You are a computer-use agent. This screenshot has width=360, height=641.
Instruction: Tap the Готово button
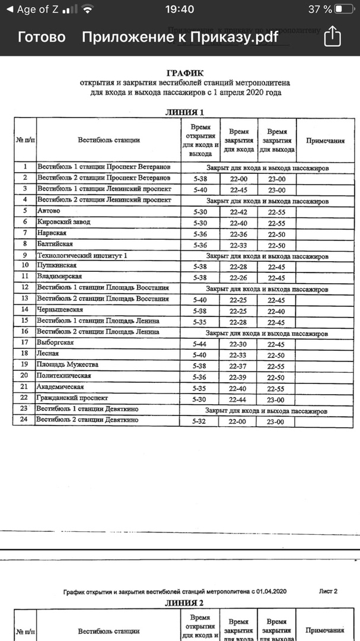pyautogui.click(x=42, y=37)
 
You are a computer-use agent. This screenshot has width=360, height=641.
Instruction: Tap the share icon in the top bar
pyautogui.click(x=333, y=36)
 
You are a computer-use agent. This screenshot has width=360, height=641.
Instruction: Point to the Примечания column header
pyautogui.click(x=325, y=141)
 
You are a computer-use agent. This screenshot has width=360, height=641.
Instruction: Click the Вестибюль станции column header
pyautogui.click(x=109, y=140)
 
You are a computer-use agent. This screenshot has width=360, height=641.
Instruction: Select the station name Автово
pyautogui.click(x=49, y=211)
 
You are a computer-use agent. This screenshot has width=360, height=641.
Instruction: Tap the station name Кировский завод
pyautogui.click(x=60, y=222)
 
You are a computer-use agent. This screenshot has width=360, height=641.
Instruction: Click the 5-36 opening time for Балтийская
pyautogui.click(x=200, y=245)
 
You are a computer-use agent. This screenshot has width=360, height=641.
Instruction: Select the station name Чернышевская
pyautogui.click(x=60, y=310)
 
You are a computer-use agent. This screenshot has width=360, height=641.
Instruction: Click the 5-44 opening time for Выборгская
pyautogui.click(x=200, y=344)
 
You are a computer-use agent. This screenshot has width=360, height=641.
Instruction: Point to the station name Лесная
pyautogui.click(x=48, y=354)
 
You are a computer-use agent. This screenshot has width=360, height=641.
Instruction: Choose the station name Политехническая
pyautogui.click(x=64, y=376)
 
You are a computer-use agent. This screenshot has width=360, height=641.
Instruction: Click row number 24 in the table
pyautogui.click(x=24, y=420)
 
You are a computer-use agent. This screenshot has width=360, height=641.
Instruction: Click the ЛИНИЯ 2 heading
pyautogui.click(x=184, y=603)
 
